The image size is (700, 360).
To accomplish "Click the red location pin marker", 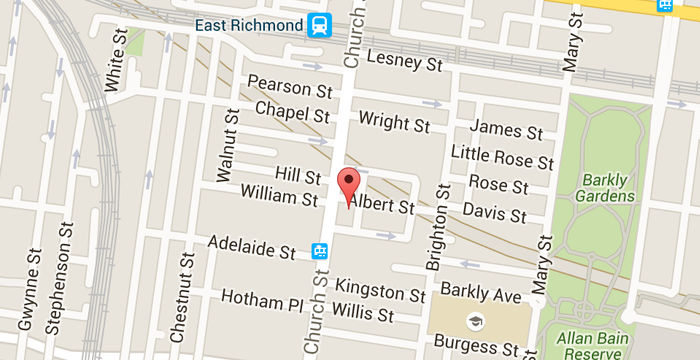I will pos(348,185).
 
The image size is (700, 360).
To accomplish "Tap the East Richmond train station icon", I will pos(320,22).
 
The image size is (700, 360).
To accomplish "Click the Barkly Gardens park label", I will pos(606,188).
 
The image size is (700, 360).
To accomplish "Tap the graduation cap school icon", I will pos(473,321).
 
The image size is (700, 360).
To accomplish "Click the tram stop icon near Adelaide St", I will pos(319,250).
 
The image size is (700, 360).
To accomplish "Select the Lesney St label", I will pos(405,64).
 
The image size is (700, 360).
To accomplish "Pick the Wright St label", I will pos(394,124).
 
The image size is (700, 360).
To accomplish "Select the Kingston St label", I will pos(380,291).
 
